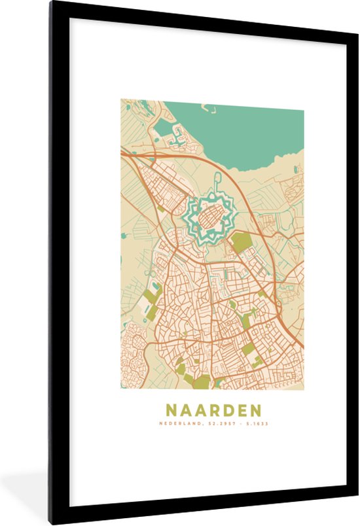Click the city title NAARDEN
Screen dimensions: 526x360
(x=212, y=410)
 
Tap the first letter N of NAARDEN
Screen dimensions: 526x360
(x=171, y=410)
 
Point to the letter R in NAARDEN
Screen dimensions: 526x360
(x=212, y=410)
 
